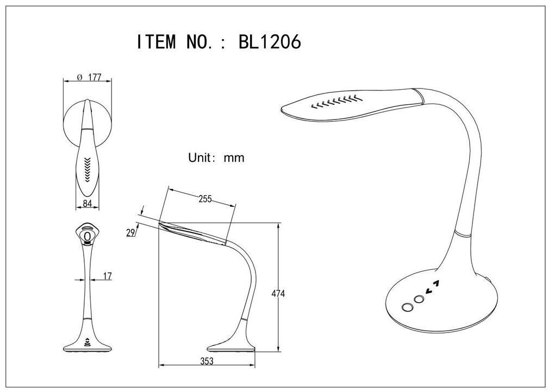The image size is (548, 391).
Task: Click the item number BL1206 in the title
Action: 270,42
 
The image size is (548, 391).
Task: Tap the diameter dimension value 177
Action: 95,78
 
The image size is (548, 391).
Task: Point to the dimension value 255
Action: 204,199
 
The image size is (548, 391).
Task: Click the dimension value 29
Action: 130,232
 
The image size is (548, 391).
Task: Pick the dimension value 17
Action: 107,276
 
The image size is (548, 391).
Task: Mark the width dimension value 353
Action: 207,361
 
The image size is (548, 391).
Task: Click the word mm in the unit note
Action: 234,158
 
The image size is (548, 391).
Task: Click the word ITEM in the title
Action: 156,42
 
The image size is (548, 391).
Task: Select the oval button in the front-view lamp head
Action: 88,236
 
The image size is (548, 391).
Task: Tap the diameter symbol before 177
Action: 79,78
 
